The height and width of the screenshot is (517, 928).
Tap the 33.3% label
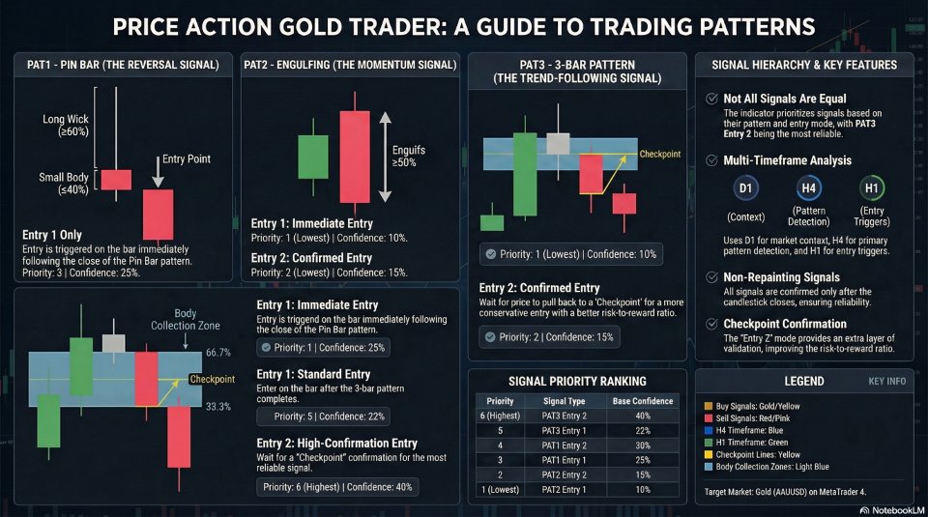[x=219, y=407]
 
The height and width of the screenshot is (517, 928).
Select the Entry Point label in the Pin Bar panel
[x=187, y=158]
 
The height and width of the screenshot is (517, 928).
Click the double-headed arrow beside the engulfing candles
[x=385, y=156]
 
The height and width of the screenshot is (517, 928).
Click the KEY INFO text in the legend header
[x=886, y=381]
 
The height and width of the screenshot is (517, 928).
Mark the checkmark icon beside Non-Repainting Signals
[x=712, y=277]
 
